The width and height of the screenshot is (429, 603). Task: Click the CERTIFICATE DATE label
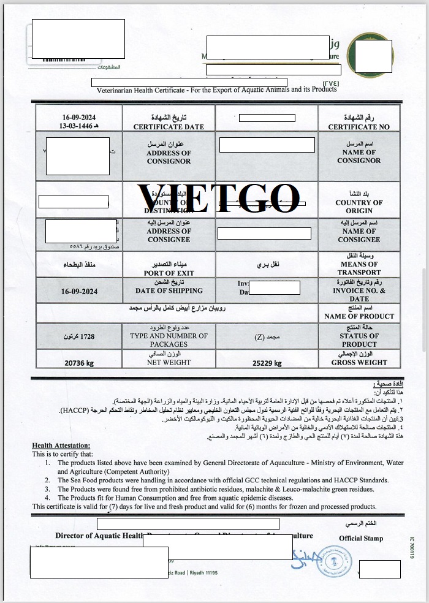point(169,127)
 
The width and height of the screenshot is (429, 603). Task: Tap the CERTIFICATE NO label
point(359,127)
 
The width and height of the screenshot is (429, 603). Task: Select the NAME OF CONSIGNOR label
point(359,156)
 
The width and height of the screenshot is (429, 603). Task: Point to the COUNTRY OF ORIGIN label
point(359,207)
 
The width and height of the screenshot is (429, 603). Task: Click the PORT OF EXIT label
point(169,273)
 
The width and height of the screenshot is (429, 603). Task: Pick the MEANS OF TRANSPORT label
point(359,268)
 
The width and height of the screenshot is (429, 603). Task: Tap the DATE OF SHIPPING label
point(169,290)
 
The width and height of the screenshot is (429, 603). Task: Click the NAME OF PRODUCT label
point(359,316)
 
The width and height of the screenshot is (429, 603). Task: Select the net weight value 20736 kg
point(79,363)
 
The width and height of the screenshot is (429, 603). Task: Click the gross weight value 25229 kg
point(267,363)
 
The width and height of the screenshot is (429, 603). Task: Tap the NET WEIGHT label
point(169,362)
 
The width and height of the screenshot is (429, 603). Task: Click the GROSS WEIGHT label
point(359,362)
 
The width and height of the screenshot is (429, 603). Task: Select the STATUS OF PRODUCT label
point(359,340)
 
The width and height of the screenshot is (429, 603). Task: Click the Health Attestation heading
point(61,446)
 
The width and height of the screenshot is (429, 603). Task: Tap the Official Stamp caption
point(361,538)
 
